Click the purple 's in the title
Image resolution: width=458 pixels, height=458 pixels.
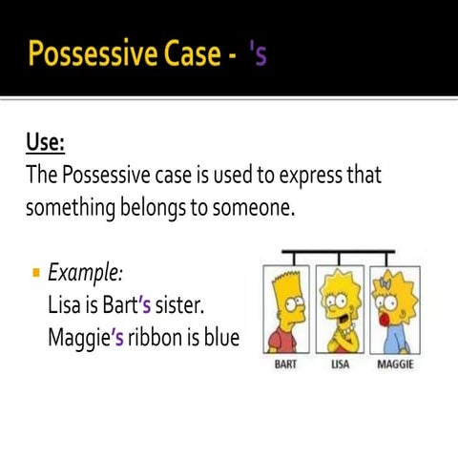[x=257, y=54]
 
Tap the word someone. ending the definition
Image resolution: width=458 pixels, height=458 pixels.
[x=249, y=207]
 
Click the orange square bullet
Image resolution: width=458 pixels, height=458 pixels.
[x=35, y=274]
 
